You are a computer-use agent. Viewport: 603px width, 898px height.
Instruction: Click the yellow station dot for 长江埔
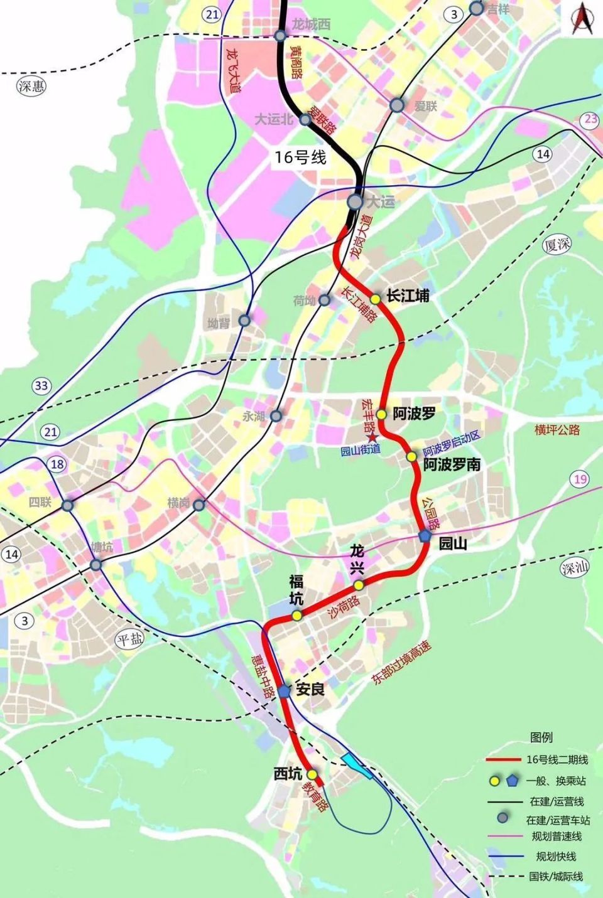[376, 299]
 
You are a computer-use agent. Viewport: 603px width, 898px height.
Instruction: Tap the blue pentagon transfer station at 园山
[425, 536]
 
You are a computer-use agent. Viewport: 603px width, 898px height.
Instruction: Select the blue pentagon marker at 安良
[284, 691]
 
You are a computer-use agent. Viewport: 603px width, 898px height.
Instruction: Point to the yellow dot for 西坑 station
[311, 774]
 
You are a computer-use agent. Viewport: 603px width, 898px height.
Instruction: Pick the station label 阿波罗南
[452, 464]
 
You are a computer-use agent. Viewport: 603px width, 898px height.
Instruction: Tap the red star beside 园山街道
[373, 437]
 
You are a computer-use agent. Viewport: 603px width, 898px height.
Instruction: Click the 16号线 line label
[300, 157]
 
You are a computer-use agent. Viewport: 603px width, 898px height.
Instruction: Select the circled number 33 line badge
[41, 385]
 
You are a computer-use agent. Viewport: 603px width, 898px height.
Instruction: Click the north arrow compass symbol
[582, 19]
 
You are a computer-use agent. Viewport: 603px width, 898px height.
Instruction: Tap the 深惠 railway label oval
[31, 86]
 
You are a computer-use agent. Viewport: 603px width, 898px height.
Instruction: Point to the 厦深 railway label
[558, 244]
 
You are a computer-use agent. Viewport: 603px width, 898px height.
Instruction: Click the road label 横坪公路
[557, 430]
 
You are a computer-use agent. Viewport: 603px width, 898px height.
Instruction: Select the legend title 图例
[541, 737]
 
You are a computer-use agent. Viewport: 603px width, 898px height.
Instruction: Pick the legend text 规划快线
[556, 856]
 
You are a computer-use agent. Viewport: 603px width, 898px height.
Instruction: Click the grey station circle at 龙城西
[281, 35]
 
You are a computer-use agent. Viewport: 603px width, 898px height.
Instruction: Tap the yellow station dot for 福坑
[296, 616]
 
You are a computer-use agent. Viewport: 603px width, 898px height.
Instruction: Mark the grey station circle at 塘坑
[96, 565]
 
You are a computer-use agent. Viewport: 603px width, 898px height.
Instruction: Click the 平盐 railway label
[130, 639]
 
